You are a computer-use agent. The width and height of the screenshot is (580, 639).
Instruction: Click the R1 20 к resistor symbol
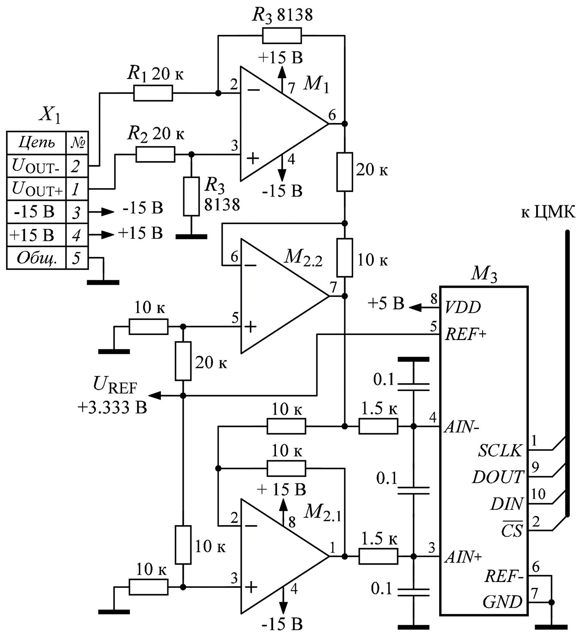(153, 94)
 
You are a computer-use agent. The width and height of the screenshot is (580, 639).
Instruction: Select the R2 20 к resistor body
(155, 155)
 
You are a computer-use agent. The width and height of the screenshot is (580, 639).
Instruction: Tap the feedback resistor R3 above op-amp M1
(282, 36)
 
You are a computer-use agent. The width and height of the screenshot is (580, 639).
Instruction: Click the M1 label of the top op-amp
(316, 85)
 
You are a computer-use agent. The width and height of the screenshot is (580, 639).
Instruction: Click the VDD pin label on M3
(463, 307)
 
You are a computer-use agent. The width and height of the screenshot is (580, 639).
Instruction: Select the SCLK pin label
(500, 451)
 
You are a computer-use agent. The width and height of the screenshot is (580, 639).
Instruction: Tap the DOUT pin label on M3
(498, 477)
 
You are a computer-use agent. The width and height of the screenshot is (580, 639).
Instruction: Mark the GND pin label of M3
(502, 602)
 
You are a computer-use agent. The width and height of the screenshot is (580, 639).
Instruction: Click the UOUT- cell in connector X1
(36, 166)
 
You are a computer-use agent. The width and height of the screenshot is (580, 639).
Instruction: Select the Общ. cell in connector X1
(36, 258)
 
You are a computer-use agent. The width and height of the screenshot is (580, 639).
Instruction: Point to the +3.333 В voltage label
(112, 407)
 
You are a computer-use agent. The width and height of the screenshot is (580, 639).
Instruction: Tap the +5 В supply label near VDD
(386, 304)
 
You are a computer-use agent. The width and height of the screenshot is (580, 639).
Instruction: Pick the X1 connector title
(49, 116)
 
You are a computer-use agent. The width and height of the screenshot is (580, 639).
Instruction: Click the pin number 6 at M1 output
(332, 115)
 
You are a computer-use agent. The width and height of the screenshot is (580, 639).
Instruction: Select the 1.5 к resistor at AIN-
(378, 426)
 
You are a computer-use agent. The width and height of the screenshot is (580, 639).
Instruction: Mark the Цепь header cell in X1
(36, 142)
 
